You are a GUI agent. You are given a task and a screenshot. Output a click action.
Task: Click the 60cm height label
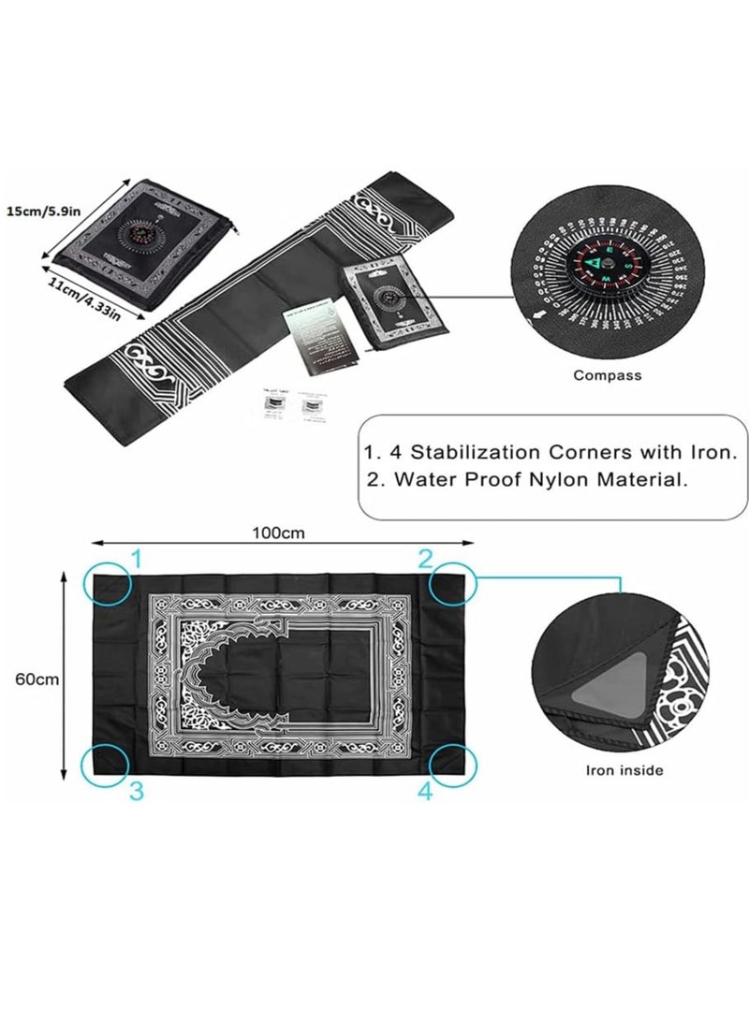pos(32,679)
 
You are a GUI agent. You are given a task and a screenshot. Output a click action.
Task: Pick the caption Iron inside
pos(624,770)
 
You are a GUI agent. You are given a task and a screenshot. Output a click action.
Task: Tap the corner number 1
pos(135,560)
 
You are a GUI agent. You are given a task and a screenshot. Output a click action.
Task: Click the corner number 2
pos(426,560)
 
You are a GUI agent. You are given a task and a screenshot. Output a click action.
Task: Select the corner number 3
pos(136,792)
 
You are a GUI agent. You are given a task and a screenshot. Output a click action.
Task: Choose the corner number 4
pos(426,792)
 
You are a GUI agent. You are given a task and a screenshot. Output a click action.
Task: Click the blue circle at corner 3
pos(104,765)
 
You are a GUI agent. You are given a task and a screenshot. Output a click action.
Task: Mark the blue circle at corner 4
pos(453,765)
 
